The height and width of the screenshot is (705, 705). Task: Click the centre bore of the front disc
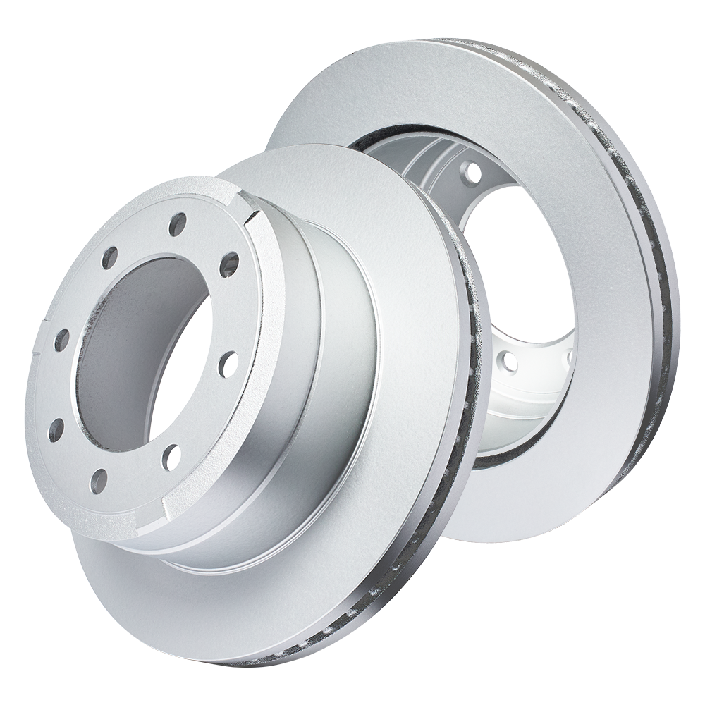(x=141, y=352)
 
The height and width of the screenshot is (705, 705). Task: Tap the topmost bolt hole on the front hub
(x=178, y=223)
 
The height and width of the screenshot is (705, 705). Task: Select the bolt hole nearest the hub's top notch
(x=228, y=264)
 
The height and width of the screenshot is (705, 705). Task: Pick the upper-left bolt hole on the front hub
(x=109, y=258)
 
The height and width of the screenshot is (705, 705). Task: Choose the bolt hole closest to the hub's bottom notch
(x=171, y=457)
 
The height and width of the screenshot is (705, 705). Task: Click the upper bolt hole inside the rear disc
(x=472, y=171)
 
